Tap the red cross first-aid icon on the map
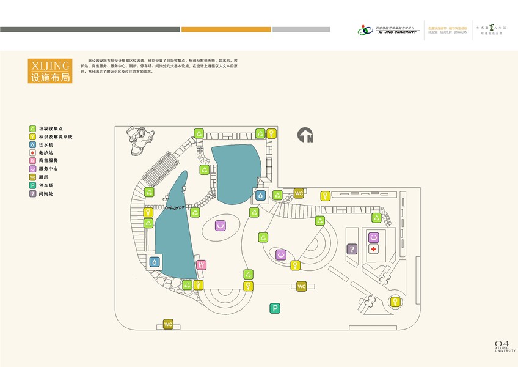pyautogui.click(x=374, y=249)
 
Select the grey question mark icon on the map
pyautogui.click(x=352, y=249)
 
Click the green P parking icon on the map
pyautogui.click(x=275, y=309)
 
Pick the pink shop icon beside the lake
pyautogui.click(x=201, y=265)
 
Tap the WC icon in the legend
pyautogui.click(x=32, y=177)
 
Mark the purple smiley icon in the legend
pyautogui.click(x=32, y=169)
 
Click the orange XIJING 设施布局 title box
pyautogui.click(x=50, y=71)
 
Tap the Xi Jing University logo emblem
pyautogui.click(x=365, y=29)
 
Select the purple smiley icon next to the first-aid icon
pyautogui.click(x=374, y=237)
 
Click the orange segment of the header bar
pyautogui.click(x=226, y=29)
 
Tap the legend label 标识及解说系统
pyautogui.click(x=56, y=137)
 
